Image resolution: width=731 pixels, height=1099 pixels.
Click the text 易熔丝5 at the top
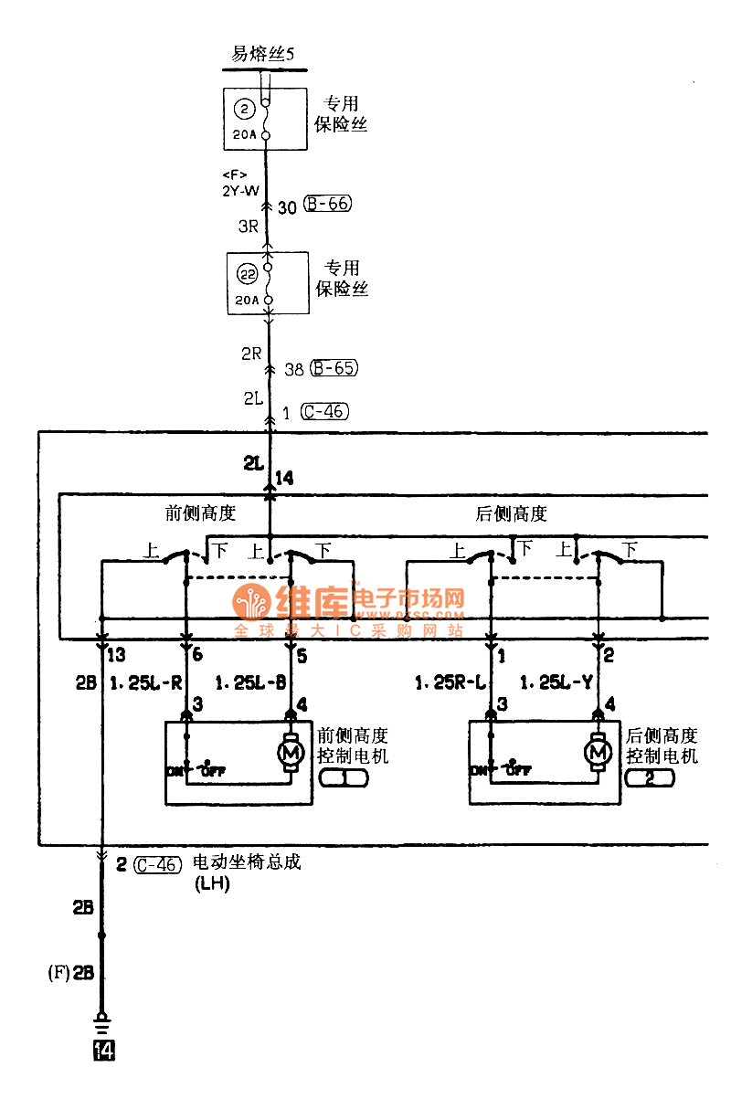click(x=262, y=54)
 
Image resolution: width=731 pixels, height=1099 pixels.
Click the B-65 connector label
click(x=334, y=368)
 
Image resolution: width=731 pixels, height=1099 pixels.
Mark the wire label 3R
click(x=249, y=227)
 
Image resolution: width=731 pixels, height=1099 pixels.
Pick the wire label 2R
click(x=252, y=354)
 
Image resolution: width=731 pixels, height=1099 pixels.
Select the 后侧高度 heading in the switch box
click(x=512, y=513)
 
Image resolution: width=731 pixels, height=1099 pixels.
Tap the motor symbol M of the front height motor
click(x=292, y=753)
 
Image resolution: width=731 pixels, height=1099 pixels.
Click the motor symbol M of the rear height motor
click(x=599, y=753)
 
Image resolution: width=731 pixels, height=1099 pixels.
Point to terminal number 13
click(x=116, y=655)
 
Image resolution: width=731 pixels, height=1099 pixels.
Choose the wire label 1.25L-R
click(x=147, y=682)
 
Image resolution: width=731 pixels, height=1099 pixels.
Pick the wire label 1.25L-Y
click(x=556, y=682)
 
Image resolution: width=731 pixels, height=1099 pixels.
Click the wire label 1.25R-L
click(x=450, y=682)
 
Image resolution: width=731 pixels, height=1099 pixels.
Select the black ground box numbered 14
click(x=103, y=1051)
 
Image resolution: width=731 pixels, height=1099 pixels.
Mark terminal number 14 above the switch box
click(x=284, y=478)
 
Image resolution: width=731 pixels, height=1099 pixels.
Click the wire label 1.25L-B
click(x=251, y=682)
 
